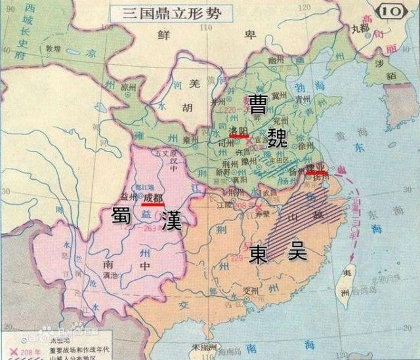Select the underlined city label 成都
[152, 197]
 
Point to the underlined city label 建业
[318, 170]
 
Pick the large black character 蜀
[123, 216]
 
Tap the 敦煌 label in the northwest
[53, 49]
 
